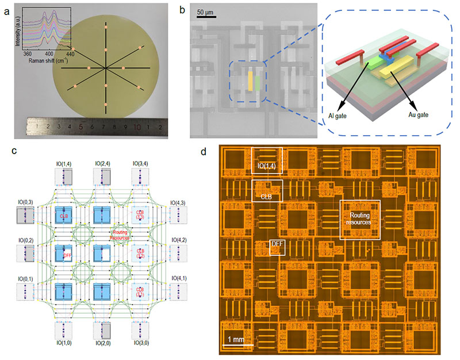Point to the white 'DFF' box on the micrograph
point(277,248)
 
